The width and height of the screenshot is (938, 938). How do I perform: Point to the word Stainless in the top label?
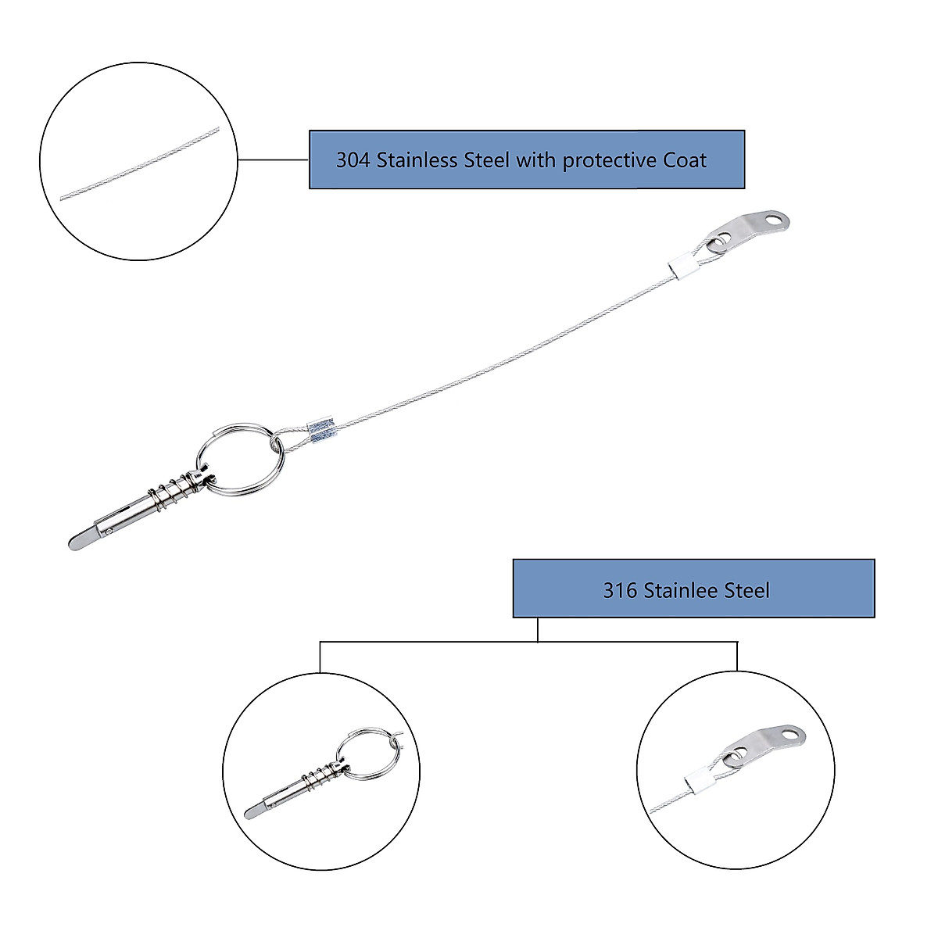418,161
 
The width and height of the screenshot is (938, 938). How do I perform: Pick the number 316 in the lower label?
620,590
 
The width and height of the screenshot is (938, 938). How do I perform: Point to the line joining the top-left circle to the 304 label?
274,159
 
